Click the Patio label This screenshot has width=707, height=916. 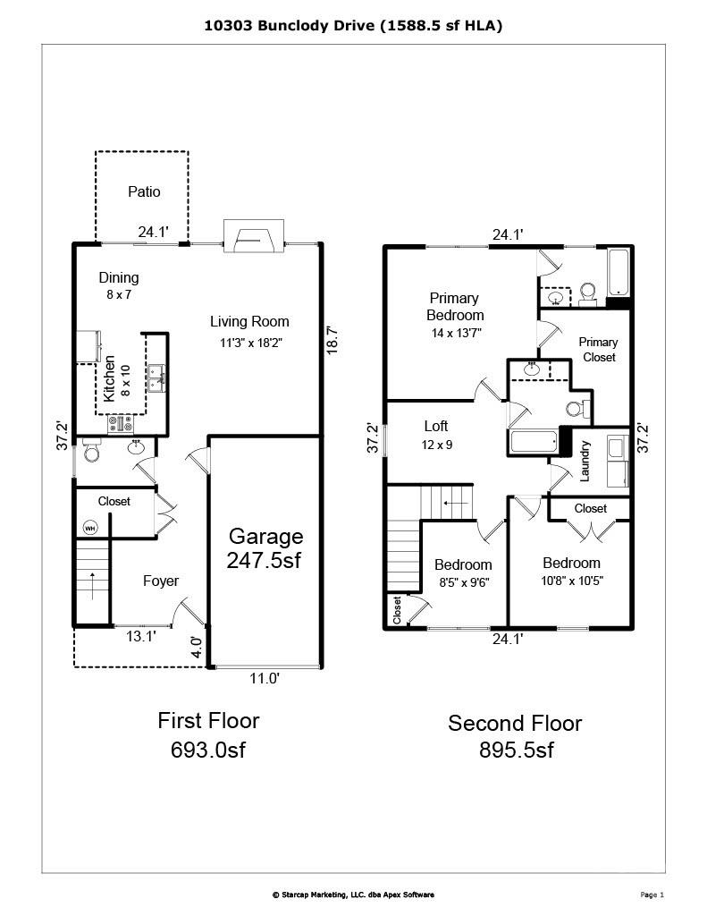[144, 191]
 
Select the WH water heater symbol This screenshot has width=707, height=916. [90, 528]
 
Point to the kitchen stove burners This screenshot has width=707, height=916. [120, 425]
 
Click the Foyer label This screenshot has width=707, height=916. [161, 581]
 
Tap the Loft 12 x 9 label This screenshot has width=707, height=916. [436, 435]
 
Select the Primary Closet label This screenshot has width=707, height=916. [598, 350]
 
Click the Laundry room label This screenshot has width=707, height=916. [585, 461]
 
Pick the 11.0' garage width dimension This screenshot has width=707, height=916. [265, 679]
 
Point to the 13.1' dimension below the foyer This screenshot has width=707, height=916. [134, 637]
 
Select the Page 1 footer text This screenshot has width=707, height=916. [652, 895]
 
